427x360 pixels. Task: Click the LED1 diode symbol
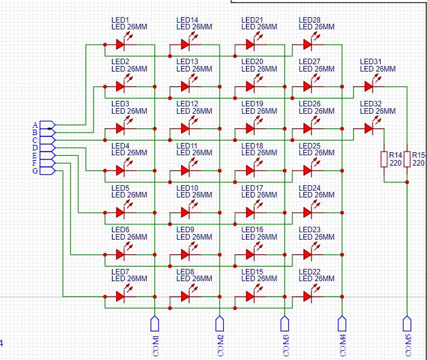coord(121,45)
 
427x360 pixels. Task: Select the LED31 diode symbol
coord(369,86)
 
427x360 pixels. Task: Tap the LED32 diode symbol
coord(369,128)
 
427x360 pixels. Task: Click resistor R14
coord(384,159)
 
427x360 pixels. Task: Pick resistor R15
coord(407,159)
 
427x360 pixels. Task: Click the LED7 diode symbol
coord(121,296)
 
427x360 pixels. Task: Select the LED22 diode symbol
coord(308,296)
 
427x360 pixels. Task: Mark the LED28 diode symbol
coord(308,45)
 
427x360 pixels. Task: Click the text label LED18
coord(252,145)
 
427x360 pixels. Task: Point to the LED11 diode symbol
coord(186,170)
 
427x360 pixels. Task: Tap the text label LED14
coord(187,20)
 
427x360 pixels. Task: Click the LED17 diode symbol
coord(251,212)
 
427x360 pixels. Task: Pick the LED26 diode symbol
coord(308,128)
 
